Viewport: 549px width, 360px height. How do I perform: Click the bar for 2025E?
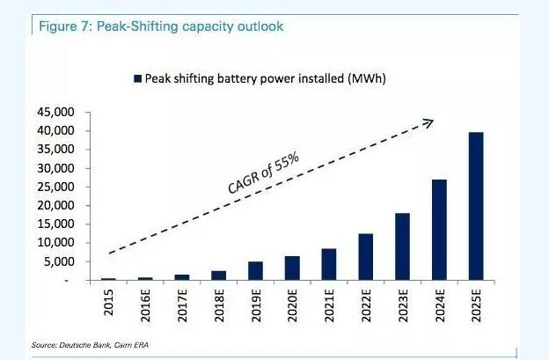476,206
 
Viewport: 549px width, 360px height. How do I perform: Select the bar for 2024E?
439,230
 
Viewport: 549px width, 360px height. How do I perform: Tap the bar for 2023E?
402,246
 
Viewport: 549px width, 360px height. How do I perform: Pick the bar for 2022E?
366,256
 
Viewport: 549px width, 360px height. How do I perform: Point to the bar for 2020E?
292,268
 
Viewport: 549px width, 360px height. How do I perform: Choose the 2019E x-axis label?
256,303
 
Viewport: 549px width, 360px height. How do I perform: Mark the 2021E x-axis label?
329,303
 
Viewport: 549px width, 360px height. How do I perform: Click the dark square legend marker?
137,79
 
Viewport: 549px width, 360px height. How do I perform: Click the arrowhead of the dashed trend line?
430,121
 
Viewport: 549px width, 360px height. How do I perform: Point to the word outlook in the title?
260,26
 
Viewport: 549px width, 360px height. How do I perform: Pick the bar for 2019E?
256,270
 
